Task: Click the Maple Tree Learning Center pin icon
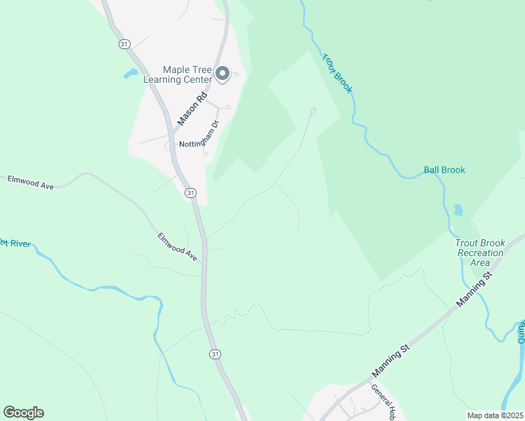[223, 74]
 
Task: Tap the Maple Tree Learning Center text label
[187, 74]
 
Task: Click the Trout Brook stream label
[337, 72]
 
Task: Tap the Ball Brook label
[444, 171]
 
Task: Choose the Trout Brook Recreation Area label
[480, 253]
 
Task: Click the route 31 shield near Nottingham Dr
[190, 192]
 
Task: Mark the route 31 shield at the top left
[124, 44]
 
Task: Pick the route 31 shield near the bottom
[214, 354]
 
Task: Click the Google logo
[23, 413]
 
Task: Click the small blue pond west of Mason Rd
[131, 73]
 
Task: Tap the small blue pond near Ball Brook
[458, 210]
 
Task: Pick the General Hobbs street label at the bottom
[385, 401]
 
